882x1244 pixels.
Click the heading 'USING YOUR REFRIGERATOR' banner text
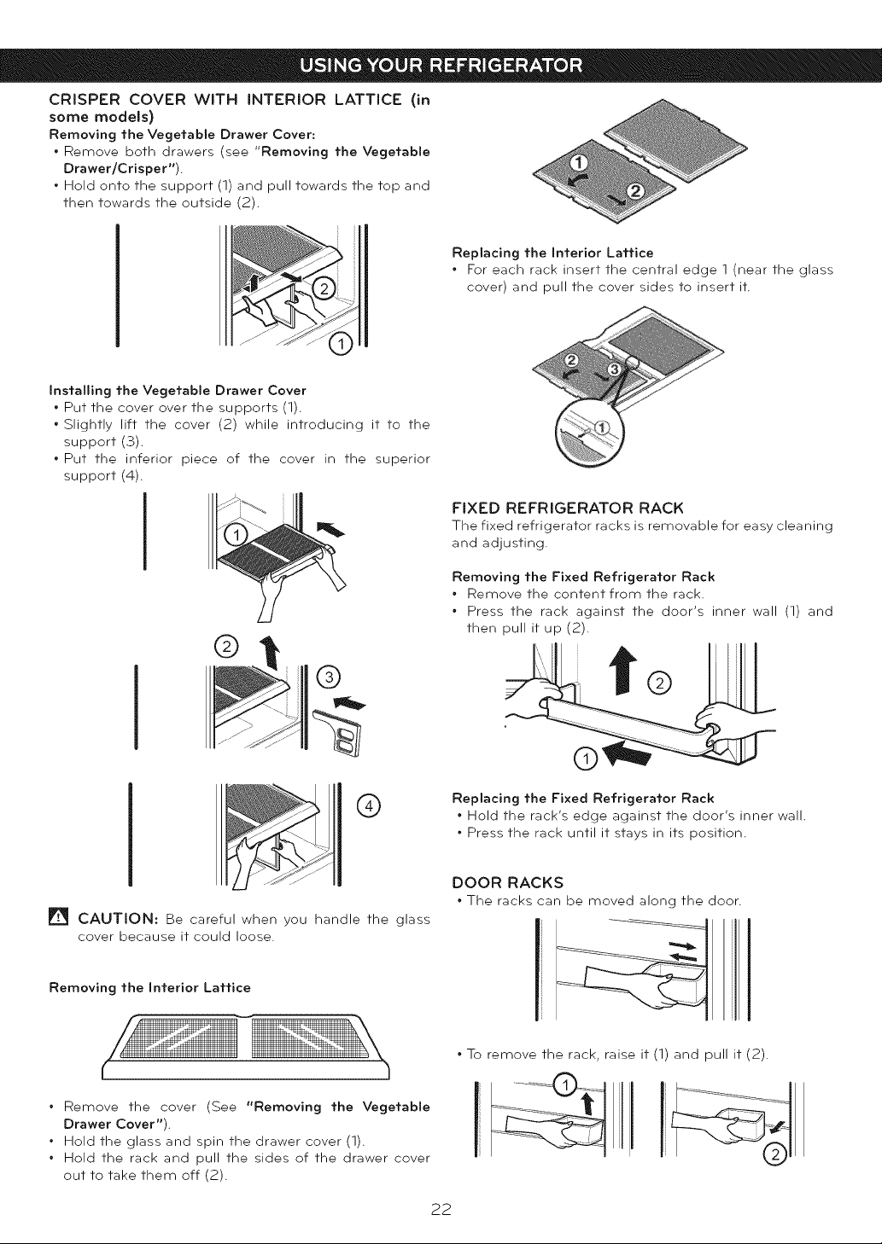coord(441,66)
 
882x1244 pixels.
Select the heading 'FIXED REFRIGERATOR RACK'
coord(568,509)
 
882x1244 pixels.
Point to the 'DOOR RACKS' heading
coord(508,882)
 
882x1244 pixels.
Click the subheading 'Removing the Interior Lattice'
coord(150,987)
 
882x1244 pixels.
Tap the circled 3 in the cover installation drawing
coord(329,677)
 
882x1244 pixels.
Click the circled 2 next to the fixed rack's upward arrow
coord(659,683)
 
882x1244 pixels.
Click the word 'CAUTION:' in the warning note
coord(118,919)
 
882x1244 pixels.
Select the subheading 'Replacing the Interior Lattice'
coord(553,253)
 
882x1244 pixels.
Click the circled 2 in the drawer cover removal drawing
coord(324,288)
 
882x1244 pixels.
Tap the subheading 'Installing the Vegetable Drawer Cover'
coord(178,390)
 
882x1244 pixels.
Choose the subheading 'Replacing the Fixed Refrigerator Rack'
coord(583,799)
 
